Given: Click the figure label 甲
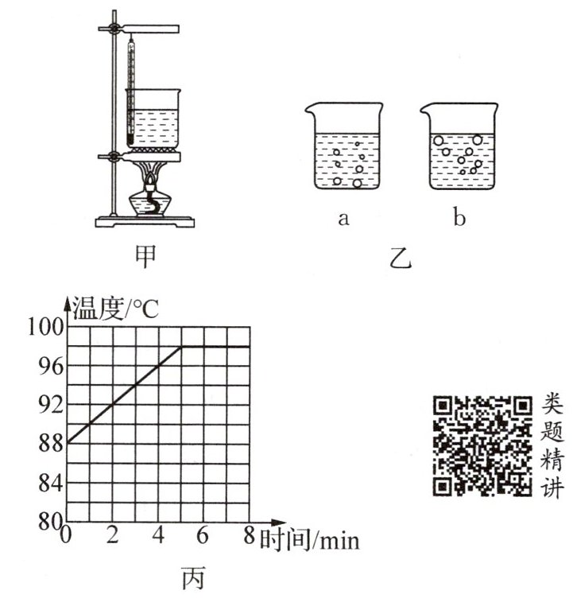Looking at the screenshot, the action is tap(146, 255).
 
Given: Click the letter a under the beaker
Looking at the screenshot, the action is tap(343, 218).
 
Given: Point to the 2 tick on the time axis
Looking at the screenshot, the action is tap(113, 536).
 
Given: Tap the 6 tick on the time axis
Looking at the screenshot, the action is tap(203, 536).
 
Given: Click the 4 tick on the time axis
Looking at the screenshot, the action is tap(158, 536).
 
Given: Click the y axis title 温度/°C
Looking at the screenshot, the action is tap(115, 309).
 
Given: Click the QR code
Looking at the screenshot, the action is tap(482, 446).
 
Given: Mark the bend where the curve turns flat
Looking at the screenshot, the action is tap(182, 347).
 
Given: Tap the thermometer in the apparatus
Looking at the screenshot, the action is tap(130, 87).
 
